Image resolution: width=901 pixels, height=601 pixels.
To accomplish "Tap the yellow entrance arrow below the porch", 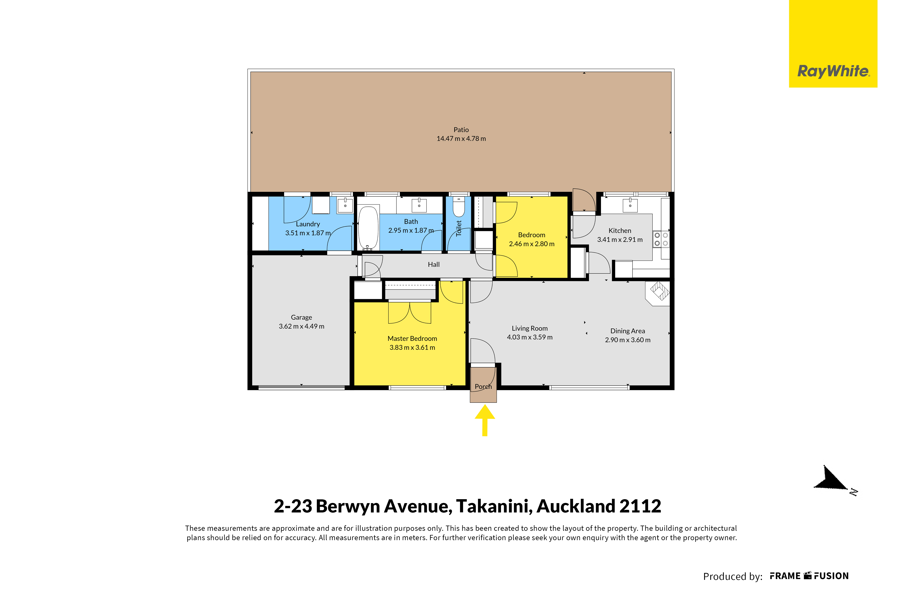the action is [485, 420].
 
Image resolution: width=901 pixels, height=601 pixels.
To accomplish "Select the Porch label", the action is [483, 386].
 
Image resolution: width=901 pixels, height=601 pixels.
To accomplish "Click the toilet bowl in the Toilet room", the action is [459, 208].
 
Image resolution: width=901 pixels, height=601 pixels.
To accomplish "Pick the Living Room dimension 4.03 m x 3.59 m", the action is [530, 337].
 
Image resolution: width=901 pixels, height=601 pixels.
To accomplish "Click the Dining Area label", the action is [627, 331].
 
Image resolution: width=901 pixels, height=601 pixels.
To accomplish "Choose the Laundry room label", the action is [308, 224].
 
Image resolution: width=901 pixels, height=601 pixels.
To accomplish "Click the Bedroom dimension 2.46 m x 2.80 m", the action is [532, 244].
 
